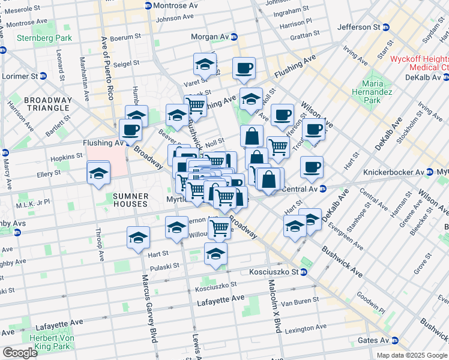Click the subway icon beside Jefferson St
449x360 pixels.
[x=387, y=28]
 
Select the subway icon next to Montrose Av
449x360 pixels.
[x=148, y=5]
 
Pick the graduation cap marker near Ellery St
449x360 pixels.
[x=99, y=173]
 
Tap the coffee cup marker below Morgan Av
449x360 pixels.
[x=244, y=68]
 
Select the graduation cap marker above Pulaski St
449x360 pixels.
[x=216, y=253]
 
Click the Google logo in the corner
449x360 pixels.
[x=20, y=353]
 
